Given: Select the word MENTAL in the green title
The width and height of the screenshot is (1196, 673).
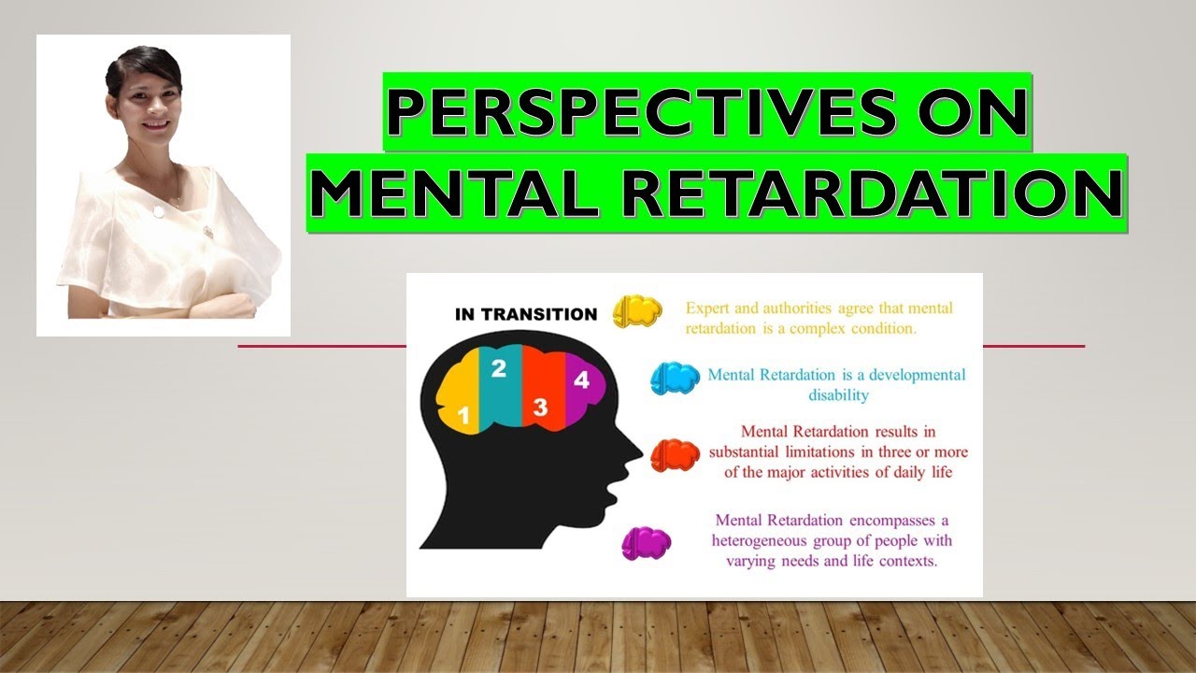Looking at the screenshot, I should pyautogui.click(x=437, y=194).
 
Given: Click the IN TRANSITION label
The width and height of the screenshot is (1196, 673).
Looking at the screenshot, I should pyautogui.click(x=526, y=314).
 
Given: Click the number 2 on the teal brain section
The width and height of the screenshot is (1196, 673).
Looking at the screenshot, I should pyautogui.click(x=499, y=369).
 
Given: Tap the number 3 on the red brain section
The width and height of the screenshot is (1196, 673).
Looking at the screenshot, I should pyautogui.click(x=540, y=407).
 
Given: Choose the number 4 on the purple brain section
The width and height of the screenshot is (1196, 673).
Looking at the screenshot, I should pyautogui.click(x=581, y=380).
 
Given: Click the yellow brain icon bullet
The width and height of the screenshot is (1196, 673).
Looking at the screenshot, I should pyautogui.click(x=637, y=311).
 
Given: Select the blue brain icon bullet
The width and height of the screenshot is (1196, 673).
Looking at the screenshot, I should pyautogui.click(x=675, y=378).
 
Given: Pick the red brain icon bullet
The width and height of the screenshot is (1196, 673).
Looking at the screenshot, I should pyautogui.click(x=675, y=455).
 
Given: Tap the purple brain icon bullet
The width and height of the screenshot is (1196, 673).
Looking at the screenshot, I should pyautogui.click(x=647, y=543).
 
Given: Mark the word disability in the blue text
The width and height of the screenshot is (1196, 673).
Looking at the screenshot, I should pyautogui.click(x=838, y=395).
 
